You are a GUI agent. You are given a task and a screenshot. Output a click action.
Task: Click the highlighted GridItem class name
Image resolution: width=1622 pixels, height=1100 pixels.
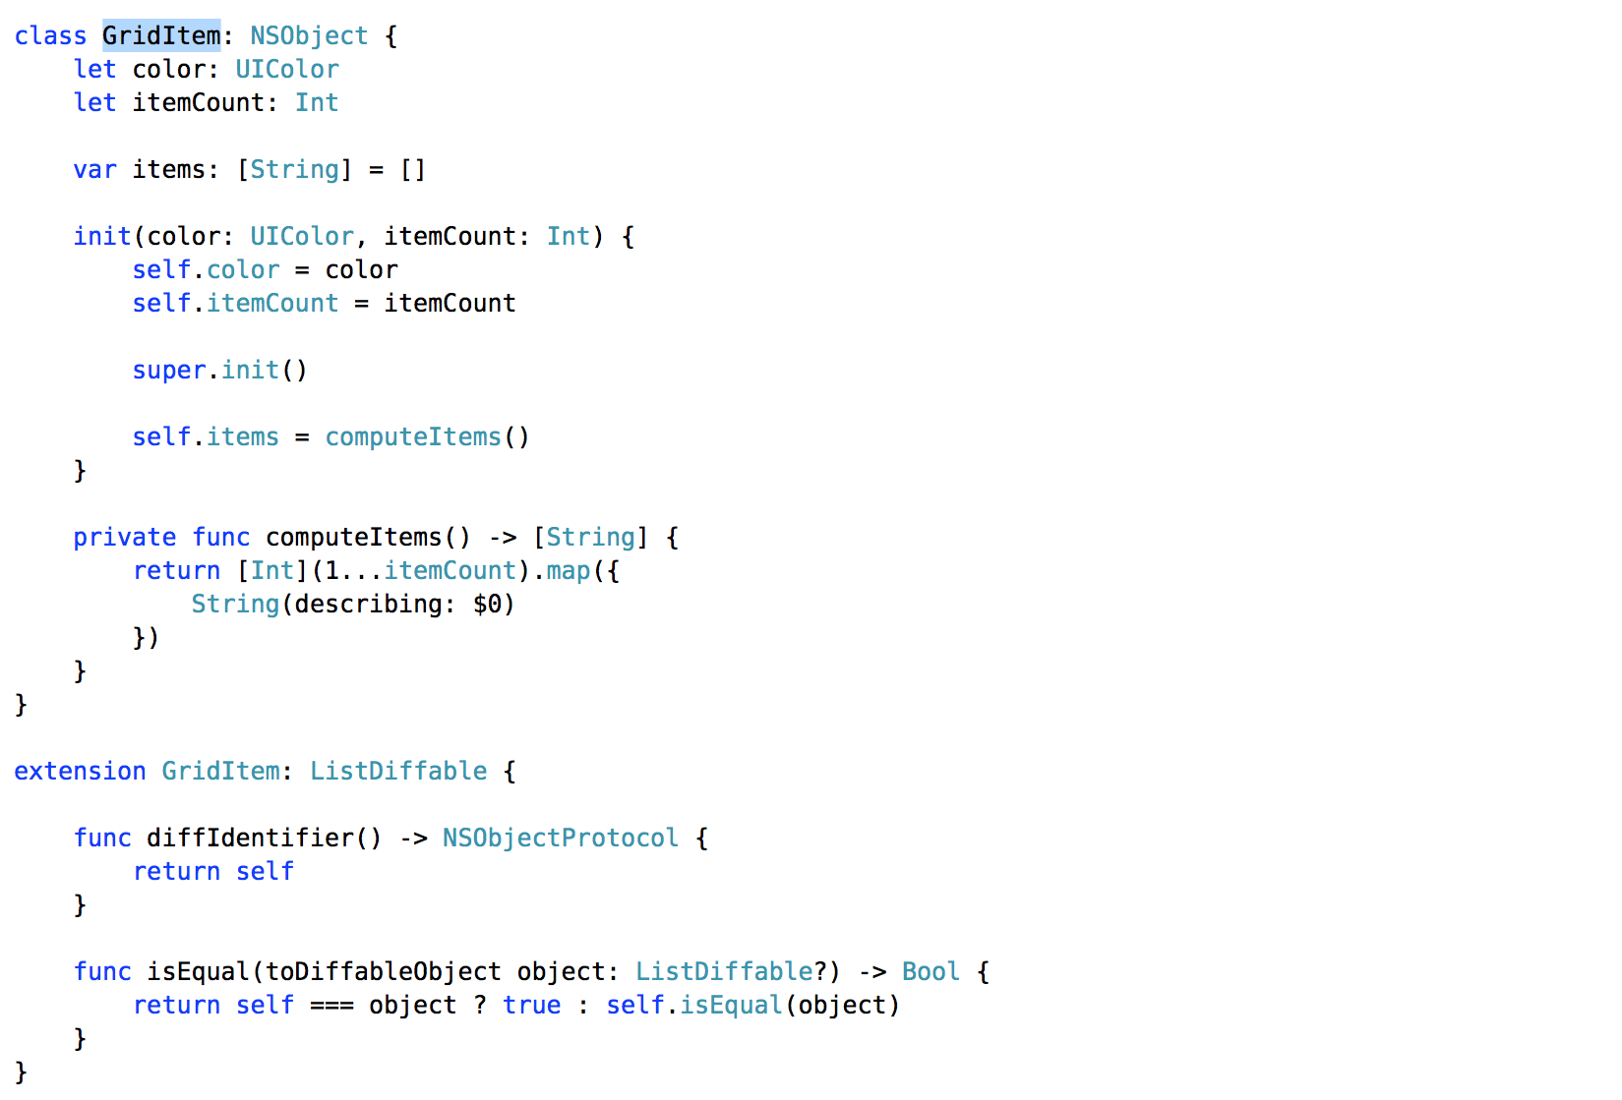(x=161, y=36)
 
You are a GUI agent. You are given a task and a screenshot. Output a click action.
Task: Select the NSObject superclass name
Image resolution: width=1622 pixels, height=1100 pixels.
(x=309, y=36)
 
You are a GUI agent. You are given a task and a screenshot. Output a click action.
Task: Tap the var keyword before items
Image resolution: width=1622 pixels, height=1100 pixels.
(x=94, y=170)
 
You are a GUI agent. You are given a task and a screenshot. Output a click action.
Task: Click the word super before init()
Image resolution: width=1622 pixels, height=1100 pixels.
(x=168, y=371)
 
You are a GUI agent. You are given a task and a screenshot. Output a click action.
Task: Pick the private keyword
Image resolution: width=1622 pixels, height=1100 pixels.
(x=124, y=538)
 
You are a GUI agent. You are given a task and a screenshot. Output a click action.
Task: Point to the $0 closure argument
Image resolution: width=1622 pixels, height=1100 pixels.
(x=487, y=605)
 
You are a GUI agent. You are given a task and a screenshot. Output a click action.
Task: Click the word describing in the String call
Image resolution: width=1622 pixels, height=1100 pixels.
(x=368, y=605)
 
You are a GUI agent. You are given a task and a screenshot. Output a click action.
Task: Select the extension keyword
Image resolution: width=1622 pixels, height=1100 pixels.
(x=80, y=772)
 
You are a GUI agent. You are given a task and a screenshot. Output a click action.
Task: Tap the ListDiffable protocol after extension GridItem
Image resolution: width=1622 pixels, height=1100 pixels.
(x=398, y=772)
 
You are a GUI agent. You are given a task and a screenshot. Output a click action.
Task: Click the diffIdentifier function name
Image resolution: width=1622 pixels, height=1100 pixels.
(x=250, y=839)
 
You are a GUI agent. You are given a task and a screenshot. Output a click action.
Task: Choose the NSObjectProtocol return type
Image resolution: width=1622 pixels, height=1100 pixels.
(x=560, y=839)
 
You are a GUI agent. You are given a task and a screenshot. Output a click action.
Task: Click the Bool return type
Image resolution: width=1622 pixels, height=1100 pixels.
(x=930, y=972)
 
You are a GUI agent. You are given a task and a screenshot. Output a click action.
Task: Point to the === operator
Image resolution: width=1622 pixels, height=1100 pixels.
(x=331, y=1006)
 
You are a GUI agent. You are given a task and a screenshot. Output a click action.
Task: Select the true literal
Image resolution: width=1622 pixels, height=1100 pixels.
(x=531, y=1006)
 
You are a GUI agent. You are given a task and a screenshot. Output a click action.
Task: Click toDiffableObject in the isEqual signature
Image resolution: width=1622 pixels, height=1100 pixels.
(x=383, y=972)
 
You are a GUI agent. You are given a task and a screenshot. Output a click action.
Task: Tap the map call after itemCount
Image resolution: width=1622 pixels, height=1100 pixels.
(x=568, y=571)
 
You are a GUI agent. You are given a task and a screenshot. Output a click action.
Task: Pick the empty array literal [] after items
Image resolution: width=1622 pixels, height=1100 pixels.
(x=412, y=170)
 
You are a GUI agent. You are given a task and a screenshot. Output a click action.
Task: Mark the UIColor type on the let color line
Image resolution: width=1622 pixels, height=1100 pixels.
(x=286, y=70)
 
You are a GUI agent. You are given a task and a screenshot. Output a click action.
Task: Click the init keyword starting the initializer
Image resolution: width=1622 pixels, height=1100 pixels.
(x=102, y=237)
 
